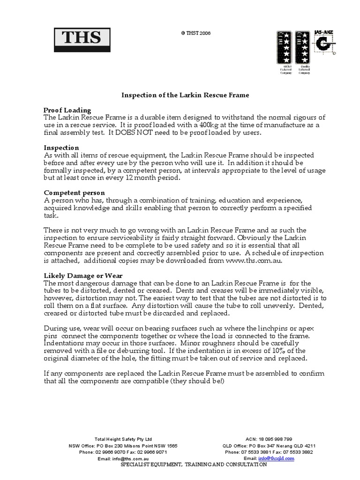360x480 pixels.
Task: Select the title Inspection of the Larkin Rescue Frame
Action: click(185, 95)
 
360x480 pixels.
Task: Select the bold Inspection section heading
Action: click(61, 148)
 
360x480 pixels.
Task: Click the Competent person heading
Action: click(74, 193)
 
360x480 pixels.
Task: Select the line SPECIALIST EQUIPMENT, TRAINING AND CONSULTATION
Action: click(194, 465)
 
